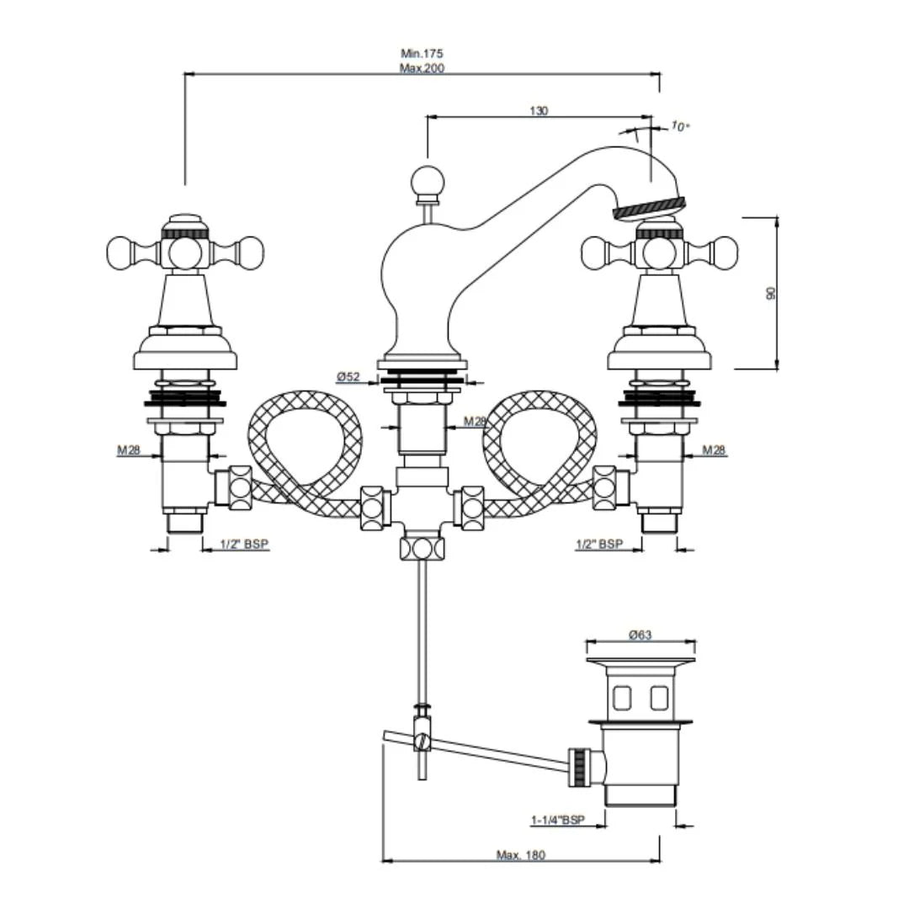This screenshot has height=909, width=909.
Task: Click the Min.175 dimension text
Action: point(422,54)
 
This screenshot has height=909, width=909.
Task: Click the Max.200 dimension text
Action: point(422,68)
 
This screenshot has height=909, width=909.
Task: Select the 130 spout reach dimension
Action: point(539,110)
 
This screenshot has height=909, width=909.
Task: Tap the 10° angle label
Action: point(680,126)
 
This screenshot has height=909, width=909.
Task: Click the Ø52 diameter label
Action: point(348,377)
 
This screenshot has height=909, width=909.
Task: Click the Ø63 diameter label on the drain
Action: point(641,635)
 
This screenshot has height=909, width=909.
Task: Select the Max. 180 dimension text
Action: point(520,855)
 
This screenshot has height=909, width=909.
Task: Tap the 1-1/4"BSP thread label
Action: point(557,819)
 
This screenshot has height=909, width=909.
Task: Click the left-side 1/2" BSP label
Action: point(244,545)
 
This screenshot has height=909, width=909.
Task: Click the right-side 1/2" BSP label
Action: point(599,545)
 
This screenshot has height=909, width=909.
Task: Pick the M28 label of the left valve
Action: point(129,450)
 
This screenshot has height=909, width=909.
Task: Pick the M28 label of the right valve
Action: point(714,450)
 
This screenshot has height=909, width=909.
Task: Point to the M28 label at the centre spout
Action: point(475,422)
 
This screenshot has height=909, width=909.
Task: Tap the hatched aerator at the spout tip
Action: point(649,207)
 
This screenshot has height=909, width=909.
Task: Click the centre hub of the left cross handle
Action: point(184,251)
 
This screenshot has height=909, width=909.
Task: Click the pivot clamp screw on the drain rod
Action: point(423,742)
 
